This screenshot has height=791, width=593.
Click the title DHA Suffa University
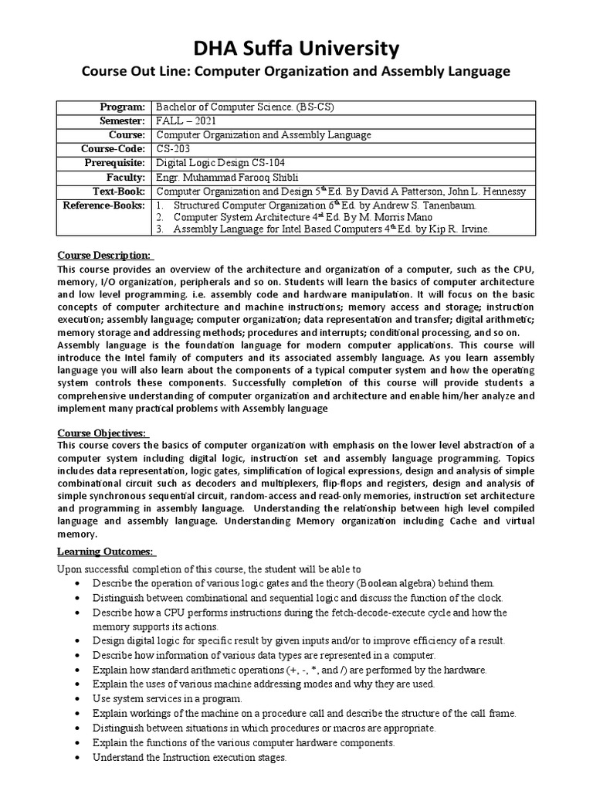(x=296, y=49)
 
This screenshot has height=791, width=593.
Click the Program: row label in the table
(x=123, y=107)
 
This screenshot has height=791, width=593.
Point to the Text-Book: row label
(x=119, y=191)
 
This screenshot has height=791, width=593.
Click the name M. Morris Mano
(x=361, y=217)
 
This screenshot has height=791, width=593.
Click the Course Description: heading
(x=107, y=256)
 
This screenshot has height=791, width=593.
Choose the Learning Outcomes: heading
(x=107, y=552)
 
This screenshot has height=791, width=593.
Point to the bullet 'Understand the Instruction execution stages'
(x=189, y=758)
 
